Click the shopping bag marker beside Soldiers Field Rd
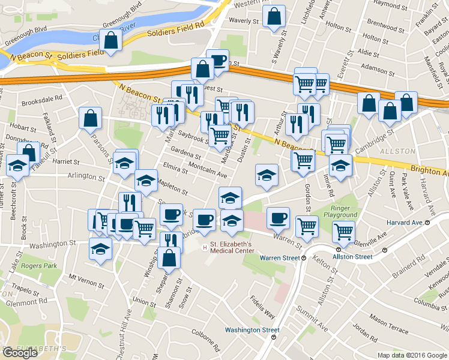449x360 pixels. tap(111, 40)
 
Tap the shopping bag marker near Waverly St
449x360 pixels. tap(274, 17)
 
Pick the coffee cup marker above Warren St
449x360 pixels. tap(277, 219)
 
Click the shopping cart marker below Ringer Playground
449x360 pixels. tap(343, 232)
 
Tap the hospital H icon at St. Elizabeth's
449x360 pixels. tap(205, 246)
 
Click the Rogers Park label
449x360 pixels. tap(39, 265)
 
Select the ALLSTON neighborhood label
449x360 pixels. tap(397, 151)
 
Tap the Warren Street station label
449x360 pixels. tap(279, 257)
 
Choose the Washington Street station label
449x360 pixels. tap(252, 329)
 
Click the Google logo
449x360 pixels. tap(20, 353)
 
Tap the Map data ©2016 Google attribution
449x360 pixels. tap(412, 355)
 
